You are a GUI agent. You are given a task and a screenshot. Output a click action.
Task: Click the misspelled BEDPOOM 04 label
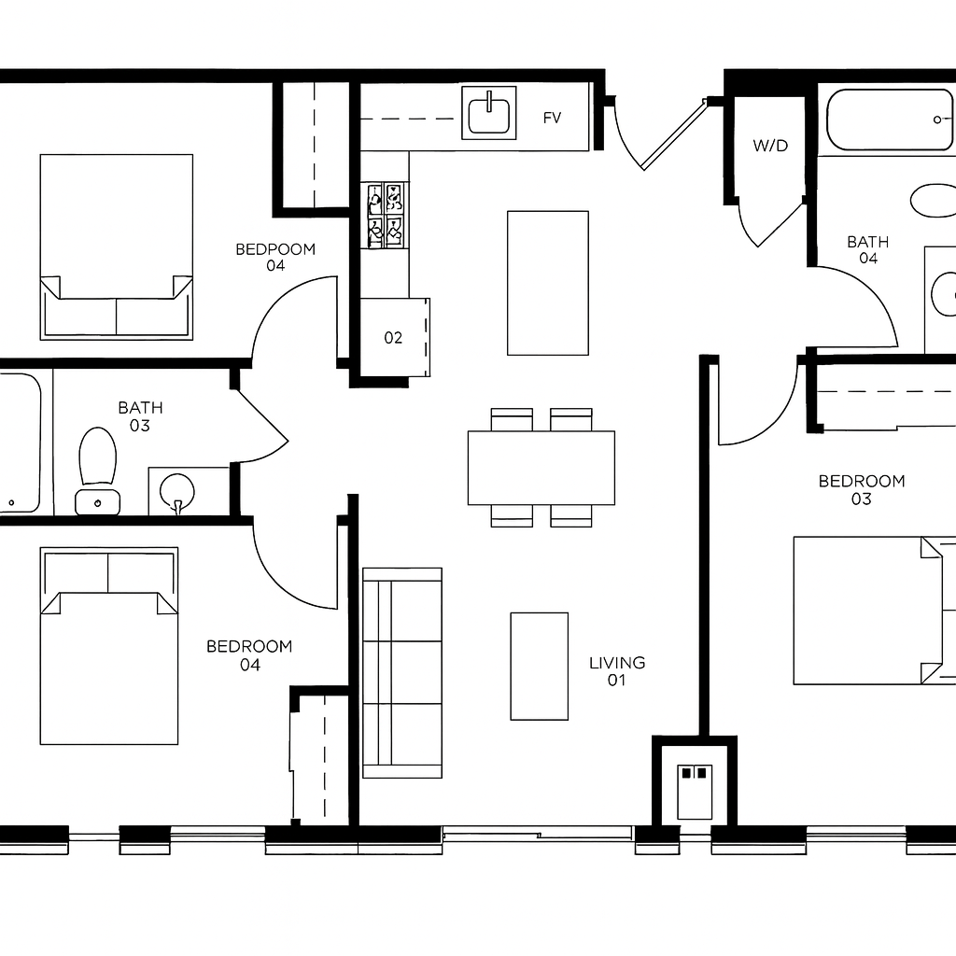[275, 257]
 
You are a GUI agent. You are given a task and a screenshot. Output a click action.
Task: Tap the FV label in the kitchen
[552, 118]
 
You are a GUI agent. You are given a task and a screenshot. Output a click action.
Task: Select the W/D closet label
[770, 146]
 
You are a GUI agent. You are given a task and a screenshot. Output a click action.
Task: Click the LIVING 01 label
[617, 670]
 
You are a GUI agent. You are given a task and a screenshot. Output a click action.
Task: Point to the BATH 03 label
[140, 415]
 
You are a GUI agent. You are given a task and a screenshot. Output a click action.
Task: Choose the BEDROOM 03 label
[862, 489]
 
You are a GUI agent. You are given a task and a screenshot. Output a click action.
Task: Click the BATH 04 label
[868, 250]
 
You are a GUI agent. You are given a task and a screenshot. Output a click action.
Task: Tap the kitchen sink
[489, 113]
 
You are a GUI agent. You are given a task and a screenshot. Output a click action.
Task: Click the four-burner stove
[386, 216]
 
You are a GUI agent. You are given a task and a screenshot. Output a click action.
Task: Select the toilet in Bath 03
[97, 471]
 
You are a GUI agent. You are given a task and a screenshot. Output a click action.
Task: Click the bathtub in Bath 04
[890, 120]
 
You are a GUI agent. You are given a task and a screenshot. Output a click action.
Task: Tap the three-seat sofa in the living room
[402, 673]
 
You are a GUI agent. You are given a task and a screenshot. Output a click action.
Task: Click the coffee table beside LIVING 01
[540, 667]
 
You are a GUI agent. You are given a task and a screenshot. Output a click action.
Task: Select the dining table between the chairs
[541, 468]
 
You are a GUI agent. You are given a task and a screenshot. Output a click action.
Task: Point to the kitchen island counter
[548, 283]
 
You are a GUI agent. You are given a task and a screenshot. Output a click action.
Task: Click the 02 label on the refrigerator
[393, 338]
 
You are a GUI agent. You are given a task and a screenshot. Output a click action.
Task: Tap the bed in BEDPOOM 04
[117, 246]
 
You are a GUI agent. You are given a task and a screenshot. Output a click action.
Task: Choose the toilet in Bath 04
[933, 201]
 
